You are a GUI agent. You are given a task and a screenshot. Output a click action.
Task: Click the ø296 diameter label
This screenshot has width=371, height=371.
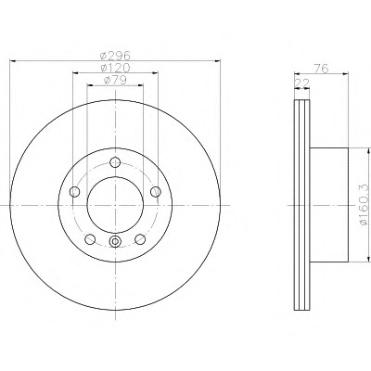(x=115, y=56)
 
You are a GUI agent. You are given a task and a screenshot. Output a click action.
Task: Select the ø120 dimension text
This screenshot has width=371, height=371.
(x=115, y=68)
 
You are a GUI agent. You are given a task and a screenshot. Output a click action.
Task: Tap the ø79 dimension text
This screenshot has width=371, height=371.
(x=115, y=80)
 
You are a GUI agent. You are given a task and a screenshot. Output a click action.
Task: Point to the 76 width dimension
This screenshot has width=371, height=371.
(x=321, y=69)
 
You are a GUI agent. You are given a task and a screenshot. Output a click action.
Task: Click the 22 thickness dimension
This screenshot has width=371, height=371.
(x=302, y=83)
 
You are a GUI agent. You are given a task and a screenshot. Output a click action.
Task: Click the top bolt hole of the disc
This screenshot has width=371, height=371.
(x=115, y=162)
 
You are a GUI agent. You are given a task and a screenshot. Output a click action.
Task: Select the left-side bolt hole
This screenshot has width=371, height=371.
(x=74, y=192)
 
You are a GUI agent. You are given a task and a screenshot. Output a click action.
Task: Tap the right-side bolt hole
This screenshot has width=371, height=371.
(x=156, y=192)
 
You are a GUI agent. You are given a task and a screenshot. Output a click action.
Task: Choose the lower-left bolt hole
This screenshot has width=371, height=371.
(x=90, y=239)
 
